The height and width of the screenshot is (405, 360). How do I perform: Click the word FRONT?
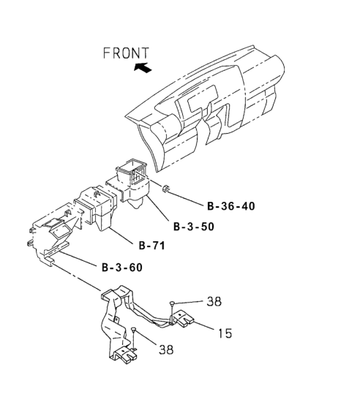(x=126, y=53)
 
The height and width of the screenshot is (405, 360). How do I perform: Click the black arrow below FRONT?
(x=143, y=68)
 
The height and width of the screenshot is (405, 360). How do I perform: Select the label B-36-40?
(x=231, y=206)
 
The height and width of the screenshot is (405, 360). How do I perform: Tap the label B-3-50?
(x=194, y=227)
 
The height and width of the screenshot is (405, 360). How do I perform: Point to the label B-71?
(x=152, y=246)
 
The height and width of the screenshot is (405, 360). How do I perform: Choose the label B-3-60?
(x=122, y=267)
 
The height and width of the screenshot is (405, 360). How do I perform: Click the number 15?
(x=225, y=333)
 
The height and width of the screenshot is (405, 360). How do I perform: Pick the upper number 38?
(x=214, y=301)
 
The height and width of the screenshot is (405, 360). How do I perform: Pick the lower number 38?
(x=166, y=349)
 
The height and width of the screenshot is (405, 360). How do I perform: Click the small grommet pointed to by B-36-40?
(x=165, y=189)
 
